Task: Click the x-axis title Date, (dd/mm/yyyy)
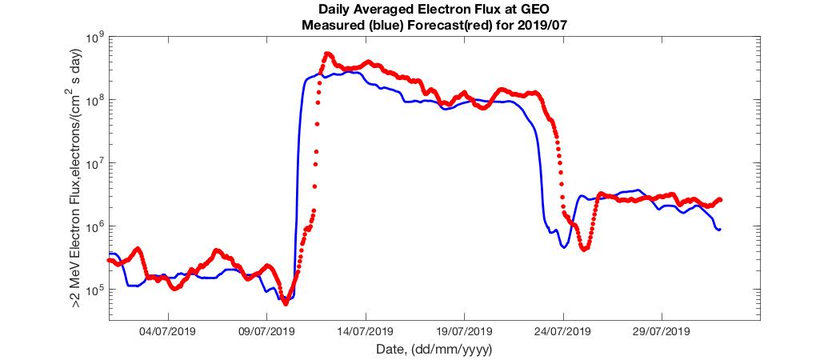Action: click(x=433, y=350)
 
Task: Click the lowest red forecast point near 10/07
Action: click(x=286, y=303)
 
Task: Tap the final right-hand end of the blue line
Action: click(x=720, y=230)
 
